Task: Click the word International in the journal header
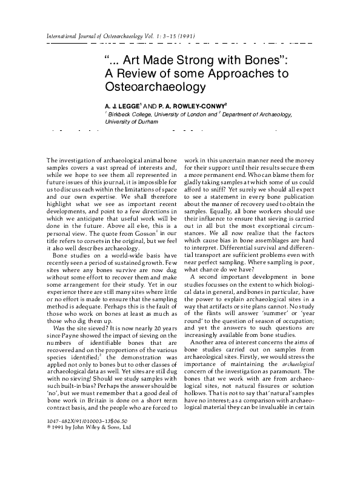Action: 64,36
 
